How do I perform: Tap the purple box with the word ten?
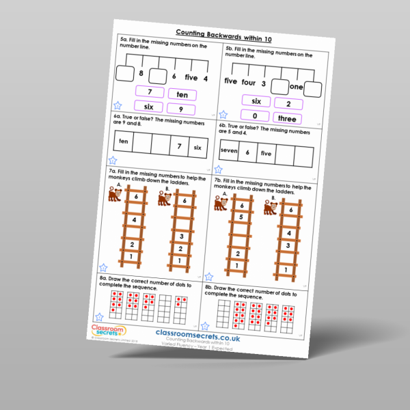tap(182, 94)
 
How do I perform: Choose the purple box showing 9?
tap(180, 109)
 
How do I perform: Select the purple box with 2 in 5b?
tap(290, 103)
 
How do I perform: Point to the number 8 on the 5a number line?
tap(141, 72)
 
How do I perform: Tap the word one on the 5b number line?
tap(295, 87)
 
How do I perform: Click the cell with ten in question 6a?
tap(124, 141)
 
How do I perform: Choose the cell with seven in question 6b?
tap(229, 152)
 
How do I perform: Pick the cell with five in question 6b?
tap(266, 154)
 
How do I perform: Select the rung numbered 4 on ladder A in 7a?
tap(135, 220)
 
